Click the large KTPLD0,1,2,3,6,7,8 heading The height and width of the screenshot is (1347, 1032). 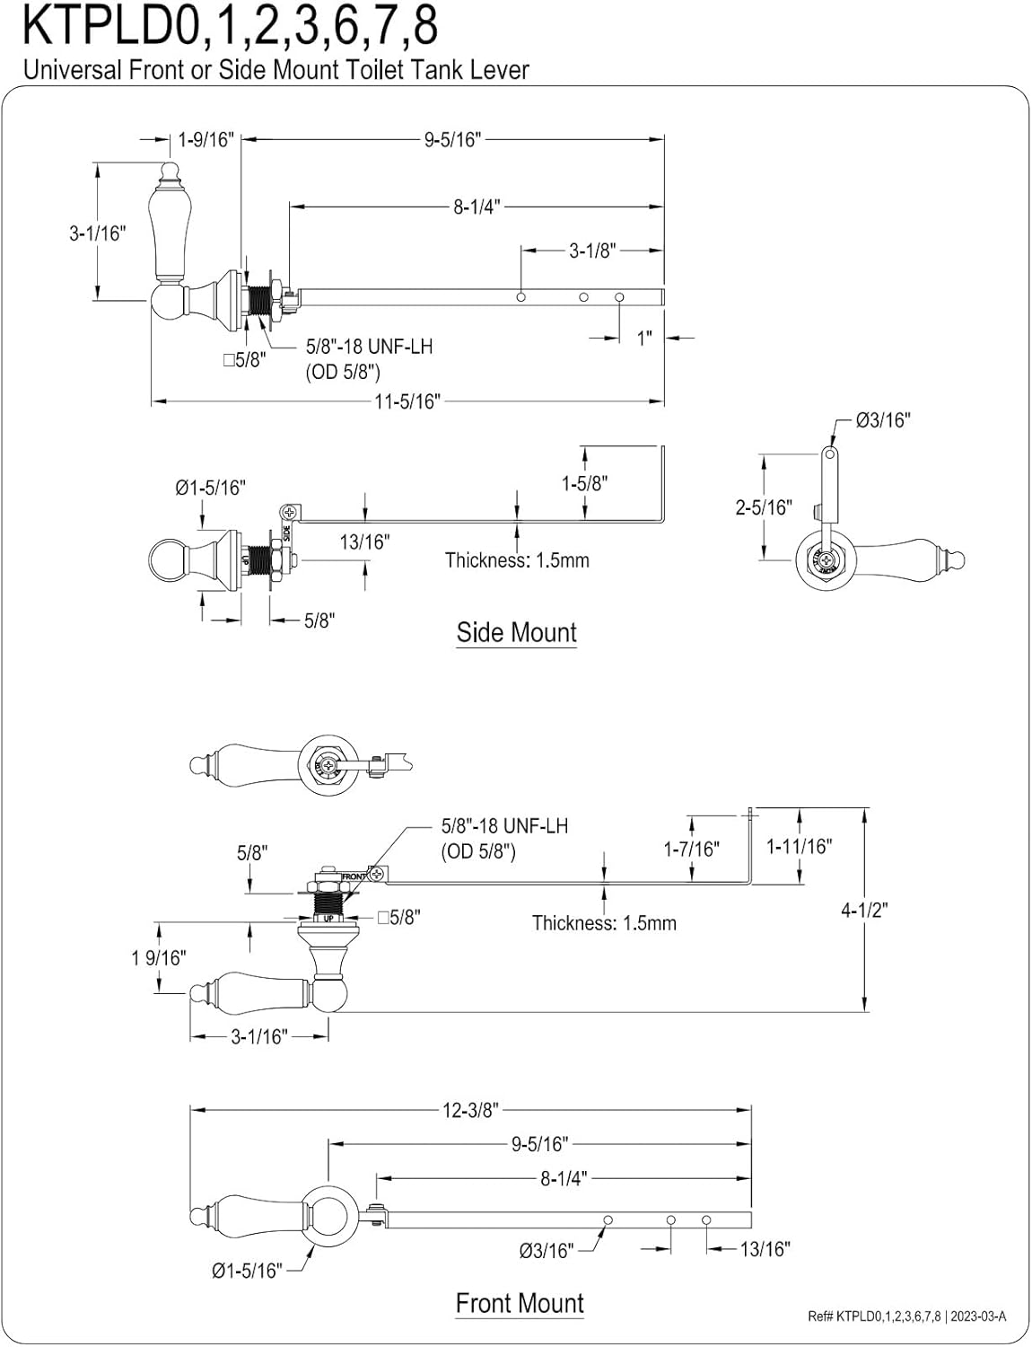(x=230, y=27)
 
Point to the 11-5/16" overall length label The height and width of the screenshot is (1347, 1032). (x=408, y=401)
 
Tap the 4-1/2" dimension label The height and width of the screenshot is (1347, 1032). (x=863, y=910)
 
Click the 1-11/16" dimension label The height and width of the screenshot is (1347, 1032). (x=799, y=846)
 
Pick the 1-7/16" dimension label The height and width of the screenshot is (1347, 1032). (x=691, y=849)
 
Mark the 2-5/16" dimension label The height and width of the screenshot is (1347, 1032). (x=764, y=507)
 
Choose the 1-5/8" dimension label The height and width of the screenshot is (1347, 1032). (x=584, y=483)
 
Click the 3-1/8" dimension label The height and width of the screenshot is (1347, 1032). (x=592, y=251)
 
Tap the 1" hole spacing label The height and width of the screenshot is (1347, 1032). (x=644, y=338)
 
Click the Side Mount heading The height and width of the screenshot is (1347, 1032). (x=516, y=632)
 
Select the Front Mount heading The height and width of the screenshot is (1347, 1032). (x=520, y=1303)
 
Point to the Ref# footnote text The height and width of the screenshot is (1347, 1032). (x=906, y=1316)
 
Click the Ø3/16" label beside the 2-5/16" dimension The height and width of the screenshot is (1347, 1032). (x=882, y=419)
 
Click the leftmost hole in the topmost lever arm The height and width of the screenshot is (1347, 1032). (x=521, y=296)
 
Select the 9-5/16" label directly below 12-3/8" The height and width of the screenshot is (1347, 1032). (x=540, y=1144)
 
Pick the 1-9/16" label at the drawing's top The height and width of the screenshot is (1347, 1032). (x=206, y=139)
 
